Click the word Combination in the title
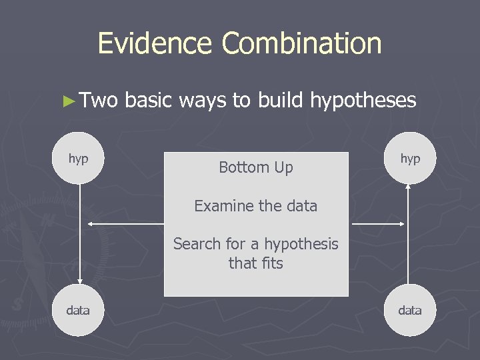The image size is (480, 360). (x=301, y=44)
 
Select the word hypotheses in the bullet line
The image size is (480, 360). (x=363, y=101)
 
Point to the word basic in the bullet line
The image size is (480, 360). (x=148, y=101)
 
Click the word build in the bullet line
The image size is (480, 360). (x=281, y=101)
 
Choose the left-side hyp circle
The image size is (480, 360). (x=79, y=159)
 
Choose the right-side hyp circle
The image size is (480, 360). (x=410, y=159)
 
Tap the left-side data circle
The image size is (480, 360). (x=79, y=310)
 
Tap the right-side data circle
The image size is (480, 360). (x=410, y=310)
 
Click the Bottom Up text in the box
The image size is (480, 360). (x=256, y=167)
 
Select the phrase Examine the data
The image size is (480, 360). (x=256, y=206)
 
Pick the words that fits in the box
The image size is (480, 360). (x=256, y=263)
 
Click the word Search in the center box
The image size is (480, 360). (x=195, y=244)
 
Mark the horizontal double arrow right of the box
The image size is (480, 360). (x=378, y=224)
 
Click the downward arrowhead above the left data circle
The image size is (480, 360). (x=79, y=281)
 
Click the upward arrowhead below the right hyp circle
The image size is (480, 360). (x=409, y=187)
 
